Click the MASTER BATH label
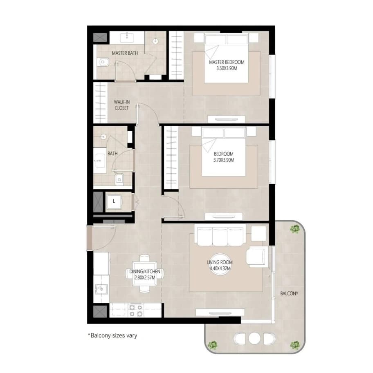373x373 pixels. [x=125, y=53]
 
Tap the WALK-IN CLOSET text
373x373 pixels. [x=122, y=105]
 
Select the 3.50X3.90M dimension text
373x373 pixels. [x=227, y=68]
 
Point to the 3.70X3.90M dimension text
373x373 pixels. [x=224, y=160]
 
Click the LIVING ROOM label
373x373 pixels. [x=220, y=262]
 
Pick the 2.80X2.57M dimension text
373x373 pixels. [x=145, y=277]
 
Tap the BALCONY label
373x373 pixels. [x=289, y=293]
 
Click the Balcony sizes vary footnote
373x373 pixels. [x=112, y=335]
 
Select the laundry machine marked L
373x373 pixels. [x=114, y=201]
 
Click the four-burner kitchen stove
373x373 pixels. [x=136, y=310]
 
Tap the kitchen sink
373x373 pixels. [x=101, y=289]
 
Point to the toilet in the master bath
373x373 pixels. [x=103, y=63]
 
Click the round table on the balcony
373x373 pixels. [x=254, y=338]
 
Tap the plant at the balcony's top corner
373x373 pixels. [x=295, y=229]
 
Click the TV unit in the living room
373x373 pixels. [x=220, y=313]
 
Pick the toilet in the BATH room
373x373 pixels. [x=119, y=179]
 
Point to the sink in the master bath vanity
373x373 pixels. [x=127, y=38]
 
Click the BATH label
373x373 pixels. [x=112, y=154]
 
